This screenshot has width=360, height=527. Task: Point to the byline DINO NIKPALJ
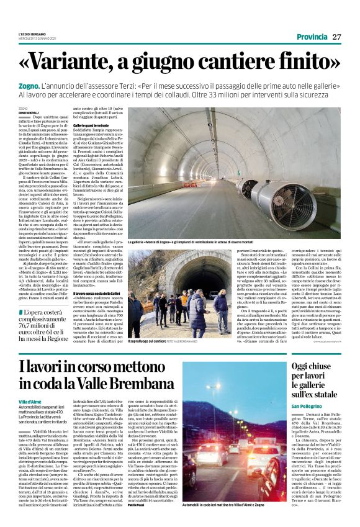tap(28, 112)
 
